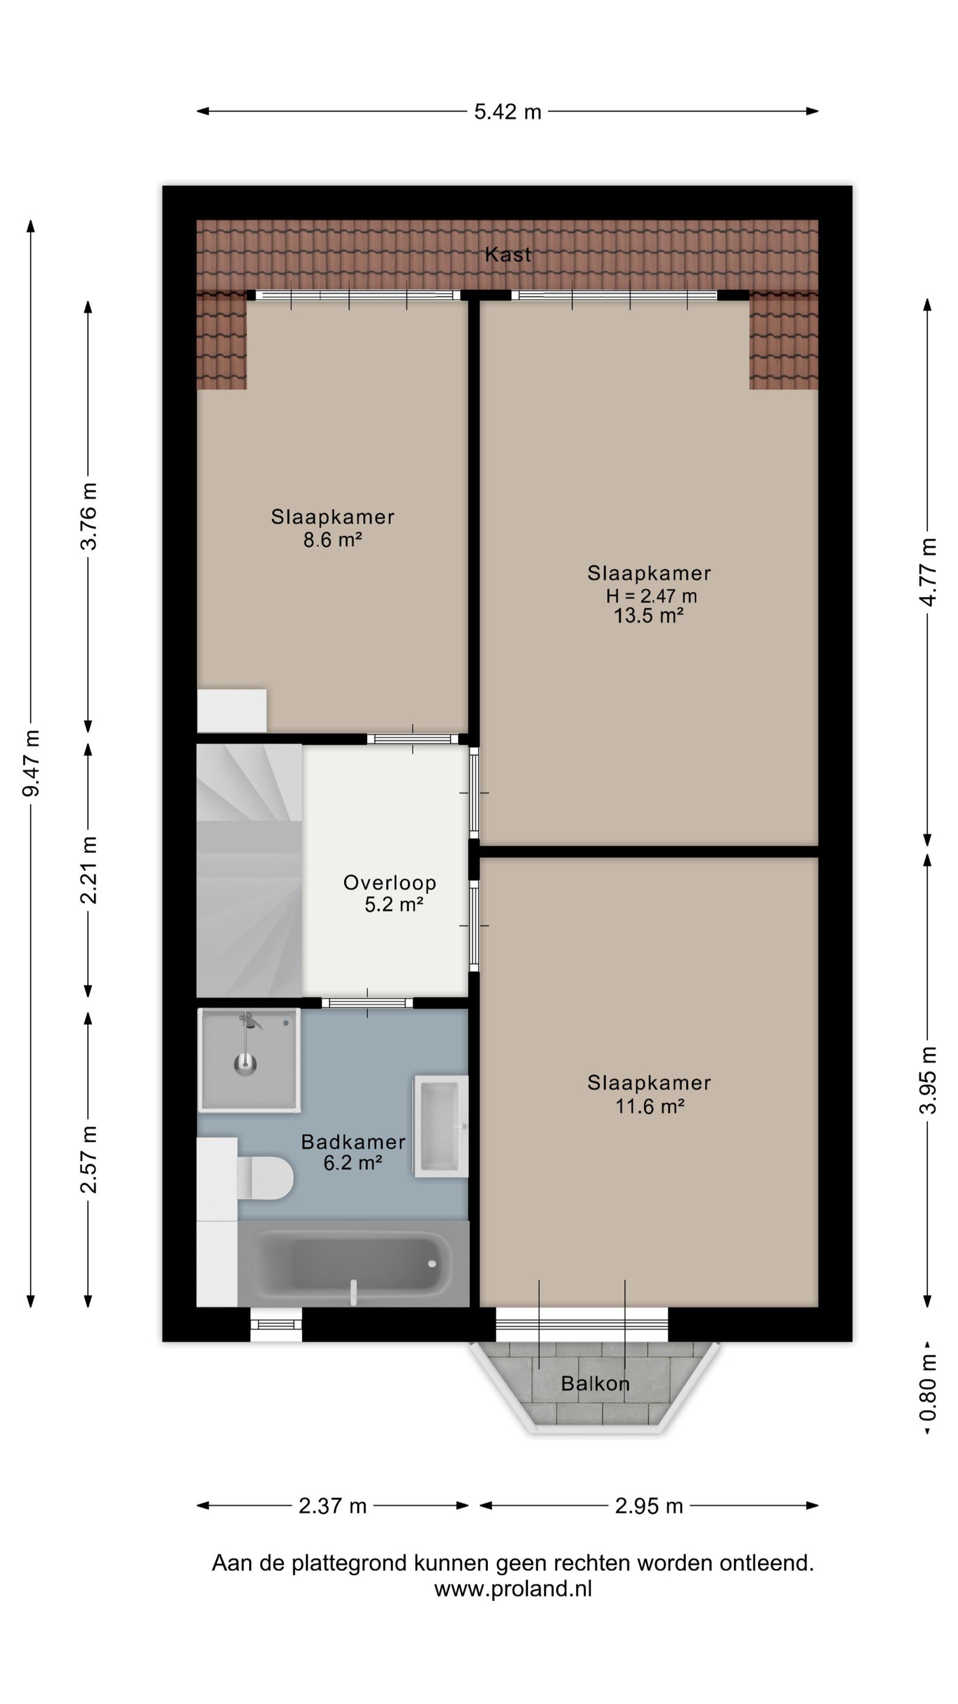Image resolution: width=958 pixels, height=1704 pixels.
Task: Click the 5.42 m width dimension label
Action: [507, 112]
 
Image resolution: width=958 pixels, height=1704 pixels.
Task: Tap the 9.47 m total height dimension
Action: [31, 763]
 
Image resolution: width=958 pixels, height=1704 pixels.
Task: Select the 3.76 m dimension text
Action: [89, 516]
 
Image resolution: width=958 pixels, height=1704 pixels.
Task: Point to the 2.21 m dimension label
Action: [89, 870]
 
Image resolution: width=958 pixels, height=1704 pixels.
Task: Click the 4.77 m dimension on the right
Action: [928, 572]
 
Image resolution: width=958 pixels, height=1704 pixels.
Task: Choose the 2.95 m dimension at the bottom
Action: [649, 1506]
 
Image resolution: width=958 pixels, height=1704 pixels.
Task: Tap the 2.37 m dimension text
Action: [332, 1506]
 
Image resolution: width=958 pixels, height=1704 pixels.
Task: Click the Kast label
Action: [508, 254]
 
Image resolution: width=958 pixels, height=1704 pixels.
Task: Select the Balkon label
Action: [595, 1383]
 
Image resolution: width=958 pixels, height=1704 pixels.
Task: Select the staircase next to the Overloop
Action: [249, 870]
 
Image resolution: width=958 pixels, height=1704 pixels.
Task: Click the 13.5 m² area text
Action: [648, 616]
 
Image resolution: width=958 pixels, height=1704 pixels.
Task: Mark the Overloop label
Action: [390, 882]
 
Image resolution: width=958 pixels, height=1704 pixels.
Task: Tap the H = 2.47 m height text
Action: [651, 596]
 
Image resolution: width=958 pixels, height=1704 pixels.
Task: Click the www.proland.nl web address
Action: [513, 1589]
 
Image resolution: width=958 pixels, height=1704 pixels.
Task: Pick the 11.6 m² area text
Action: [649, 1106]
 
